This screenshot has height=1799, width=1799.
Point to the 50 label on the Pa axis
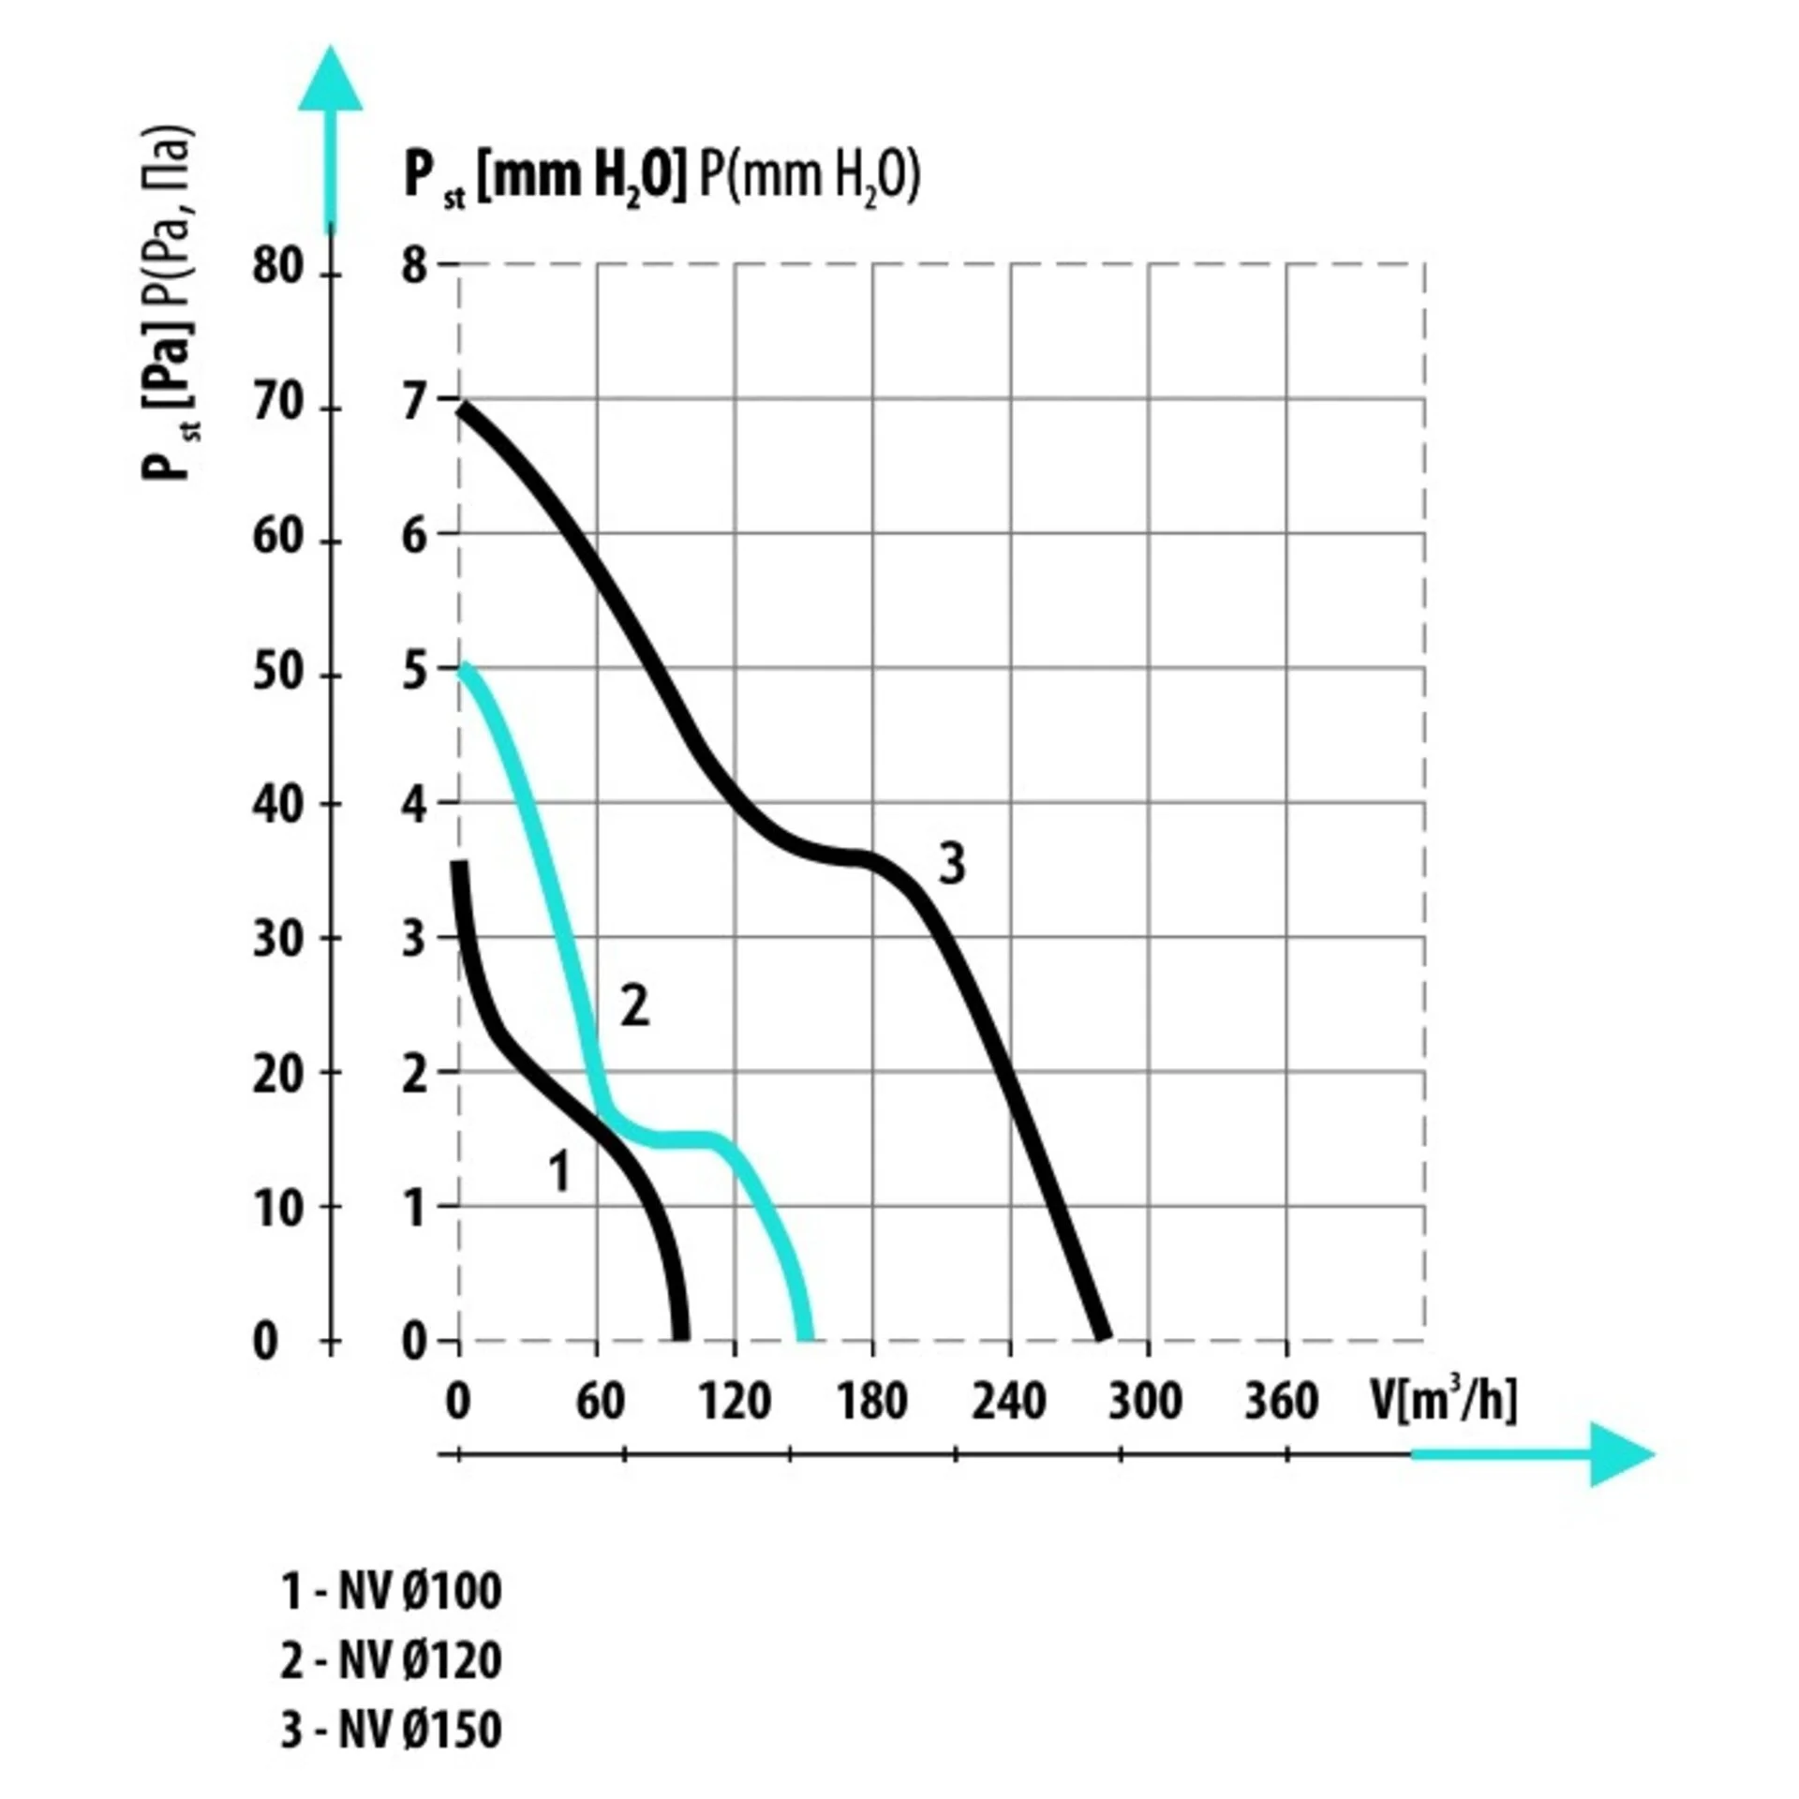pos(277,673)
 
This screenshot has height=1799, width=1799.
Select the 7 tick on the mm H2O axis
pos(414,404)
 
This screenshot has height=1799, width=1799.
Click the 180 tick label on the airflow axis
pos(872,1403)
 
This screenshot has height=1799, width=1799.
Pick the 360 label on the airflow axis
pos(1281,1403)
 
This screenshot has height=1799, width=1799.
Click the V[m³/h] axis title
pos(1443,1401)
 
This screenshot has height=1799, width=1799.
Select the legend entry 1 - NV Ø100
pos(391,1591)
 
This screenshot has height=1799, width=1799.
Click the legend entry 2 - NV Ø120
pos(391,1660)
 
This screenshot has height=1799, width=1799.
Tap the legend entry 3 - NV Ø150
pos(391,1730)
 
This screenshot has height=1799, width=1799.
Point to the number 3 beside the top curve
pos(951,864)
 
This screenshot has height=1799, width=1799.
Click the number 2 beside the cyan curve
pos(634,1008)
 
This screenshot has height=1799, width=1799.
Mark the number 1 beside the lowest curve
pos(559,1171)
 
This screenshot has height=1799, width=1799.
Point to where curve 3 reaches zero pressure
pos(1105,1337)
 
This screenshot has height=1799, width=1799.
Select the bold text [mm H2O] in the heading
pos(582,177)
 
